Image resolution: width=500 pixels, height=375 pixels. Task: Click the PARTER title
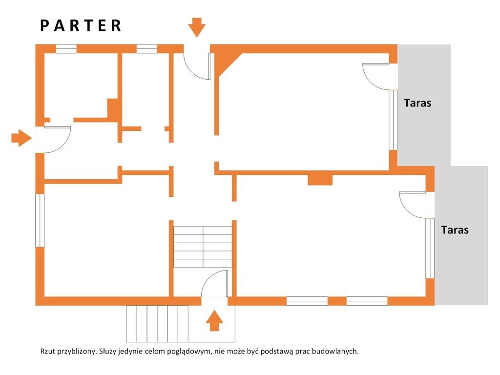point(81,25)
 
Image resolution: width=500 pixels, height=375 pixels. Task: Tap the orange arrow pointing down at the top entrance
point(197,27)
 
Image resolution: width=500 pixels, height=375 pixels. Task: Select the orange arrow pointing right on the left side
point(21,138)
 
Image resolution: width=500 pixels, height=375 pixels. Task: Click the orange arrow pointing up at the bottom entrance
point(214,321)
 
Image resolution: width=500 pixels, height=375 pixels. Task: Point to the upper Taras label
point(417,103)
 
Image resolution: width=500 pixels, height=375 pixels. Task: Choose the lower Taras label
point(455,230)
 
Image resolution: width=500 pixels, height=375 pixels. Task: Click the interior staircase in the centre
point(203,247)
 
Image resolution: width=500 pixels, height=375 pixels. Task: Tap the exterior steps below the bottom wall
point(157,324)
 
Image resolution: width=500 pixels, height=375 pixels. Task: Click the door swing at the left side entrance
point(58,140)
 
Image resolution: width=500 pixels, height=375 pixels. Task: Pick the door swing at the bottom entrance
point(215,284)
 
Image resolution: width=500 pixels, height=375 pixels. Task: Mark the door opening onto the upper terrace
point(375,77)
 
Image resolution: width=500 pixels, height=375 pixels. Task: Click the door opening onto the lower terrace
point(412,205)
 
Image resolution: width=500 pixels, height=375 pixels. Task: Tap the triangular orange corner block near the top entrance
point(226,62)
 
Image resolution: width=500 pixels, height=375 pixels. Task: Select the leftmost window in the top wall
point(66,48)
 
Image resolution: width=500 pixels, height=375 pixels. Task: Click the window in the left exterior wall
point(40,220)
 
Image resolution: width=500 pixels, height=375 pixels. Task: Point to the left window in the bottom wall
point(307,301)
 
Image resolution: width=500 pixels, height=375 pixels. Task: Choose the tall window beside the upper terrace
point(393,120)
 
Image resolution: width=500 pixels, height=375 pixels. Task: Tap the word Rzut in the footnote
point(47,352)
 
